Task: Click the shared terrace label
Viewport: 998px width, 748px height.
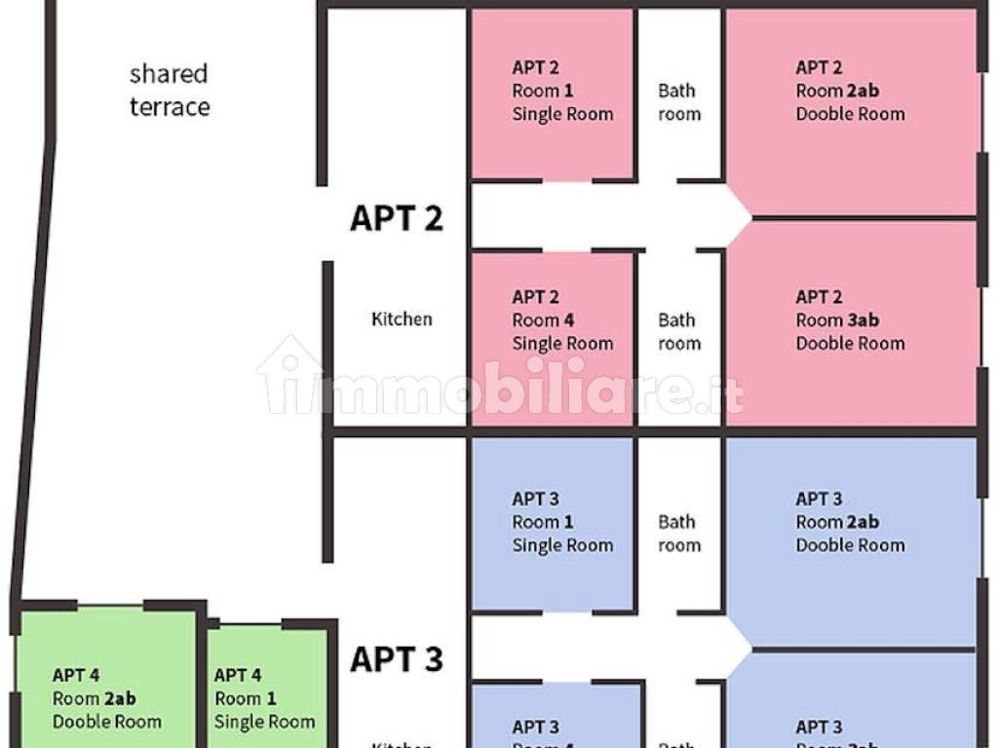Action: coord(170,90)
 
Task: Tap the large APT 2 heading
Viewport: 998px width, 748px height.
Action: coord(396,218)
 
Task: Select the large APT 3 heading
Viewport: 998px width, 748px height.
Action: coord(396,659)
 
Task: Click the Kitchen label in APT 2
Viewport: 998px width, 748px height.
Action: coord(402,318)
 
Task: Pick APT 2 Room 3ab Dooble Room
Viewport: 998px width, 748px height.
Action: coord(850,320)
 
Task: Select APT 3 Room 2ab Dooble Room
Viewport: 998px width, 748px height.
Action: coord(850,522)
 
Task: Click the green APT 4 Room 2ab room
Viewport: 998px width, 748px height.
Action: coord(107,698)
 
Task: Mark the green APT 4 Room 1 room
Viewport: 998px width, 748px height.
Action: coord(264,698)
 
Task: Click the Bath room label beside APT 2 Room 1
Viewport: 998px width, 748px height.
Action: coord(678,102)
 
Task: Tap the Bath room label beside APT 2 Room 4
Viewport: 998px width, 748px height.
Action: coord(678,331)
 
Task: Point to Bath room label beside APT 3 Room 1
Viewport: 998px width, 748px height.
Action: coord(678,533)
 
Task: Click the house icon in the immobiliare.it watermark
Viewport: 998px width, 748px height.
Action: coord(291,375)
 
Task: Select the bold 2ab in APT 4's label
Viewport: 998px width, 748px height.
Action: coord(120,698)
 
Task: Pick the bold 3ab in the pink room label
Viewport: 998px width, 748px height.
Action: coord(863,320)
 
